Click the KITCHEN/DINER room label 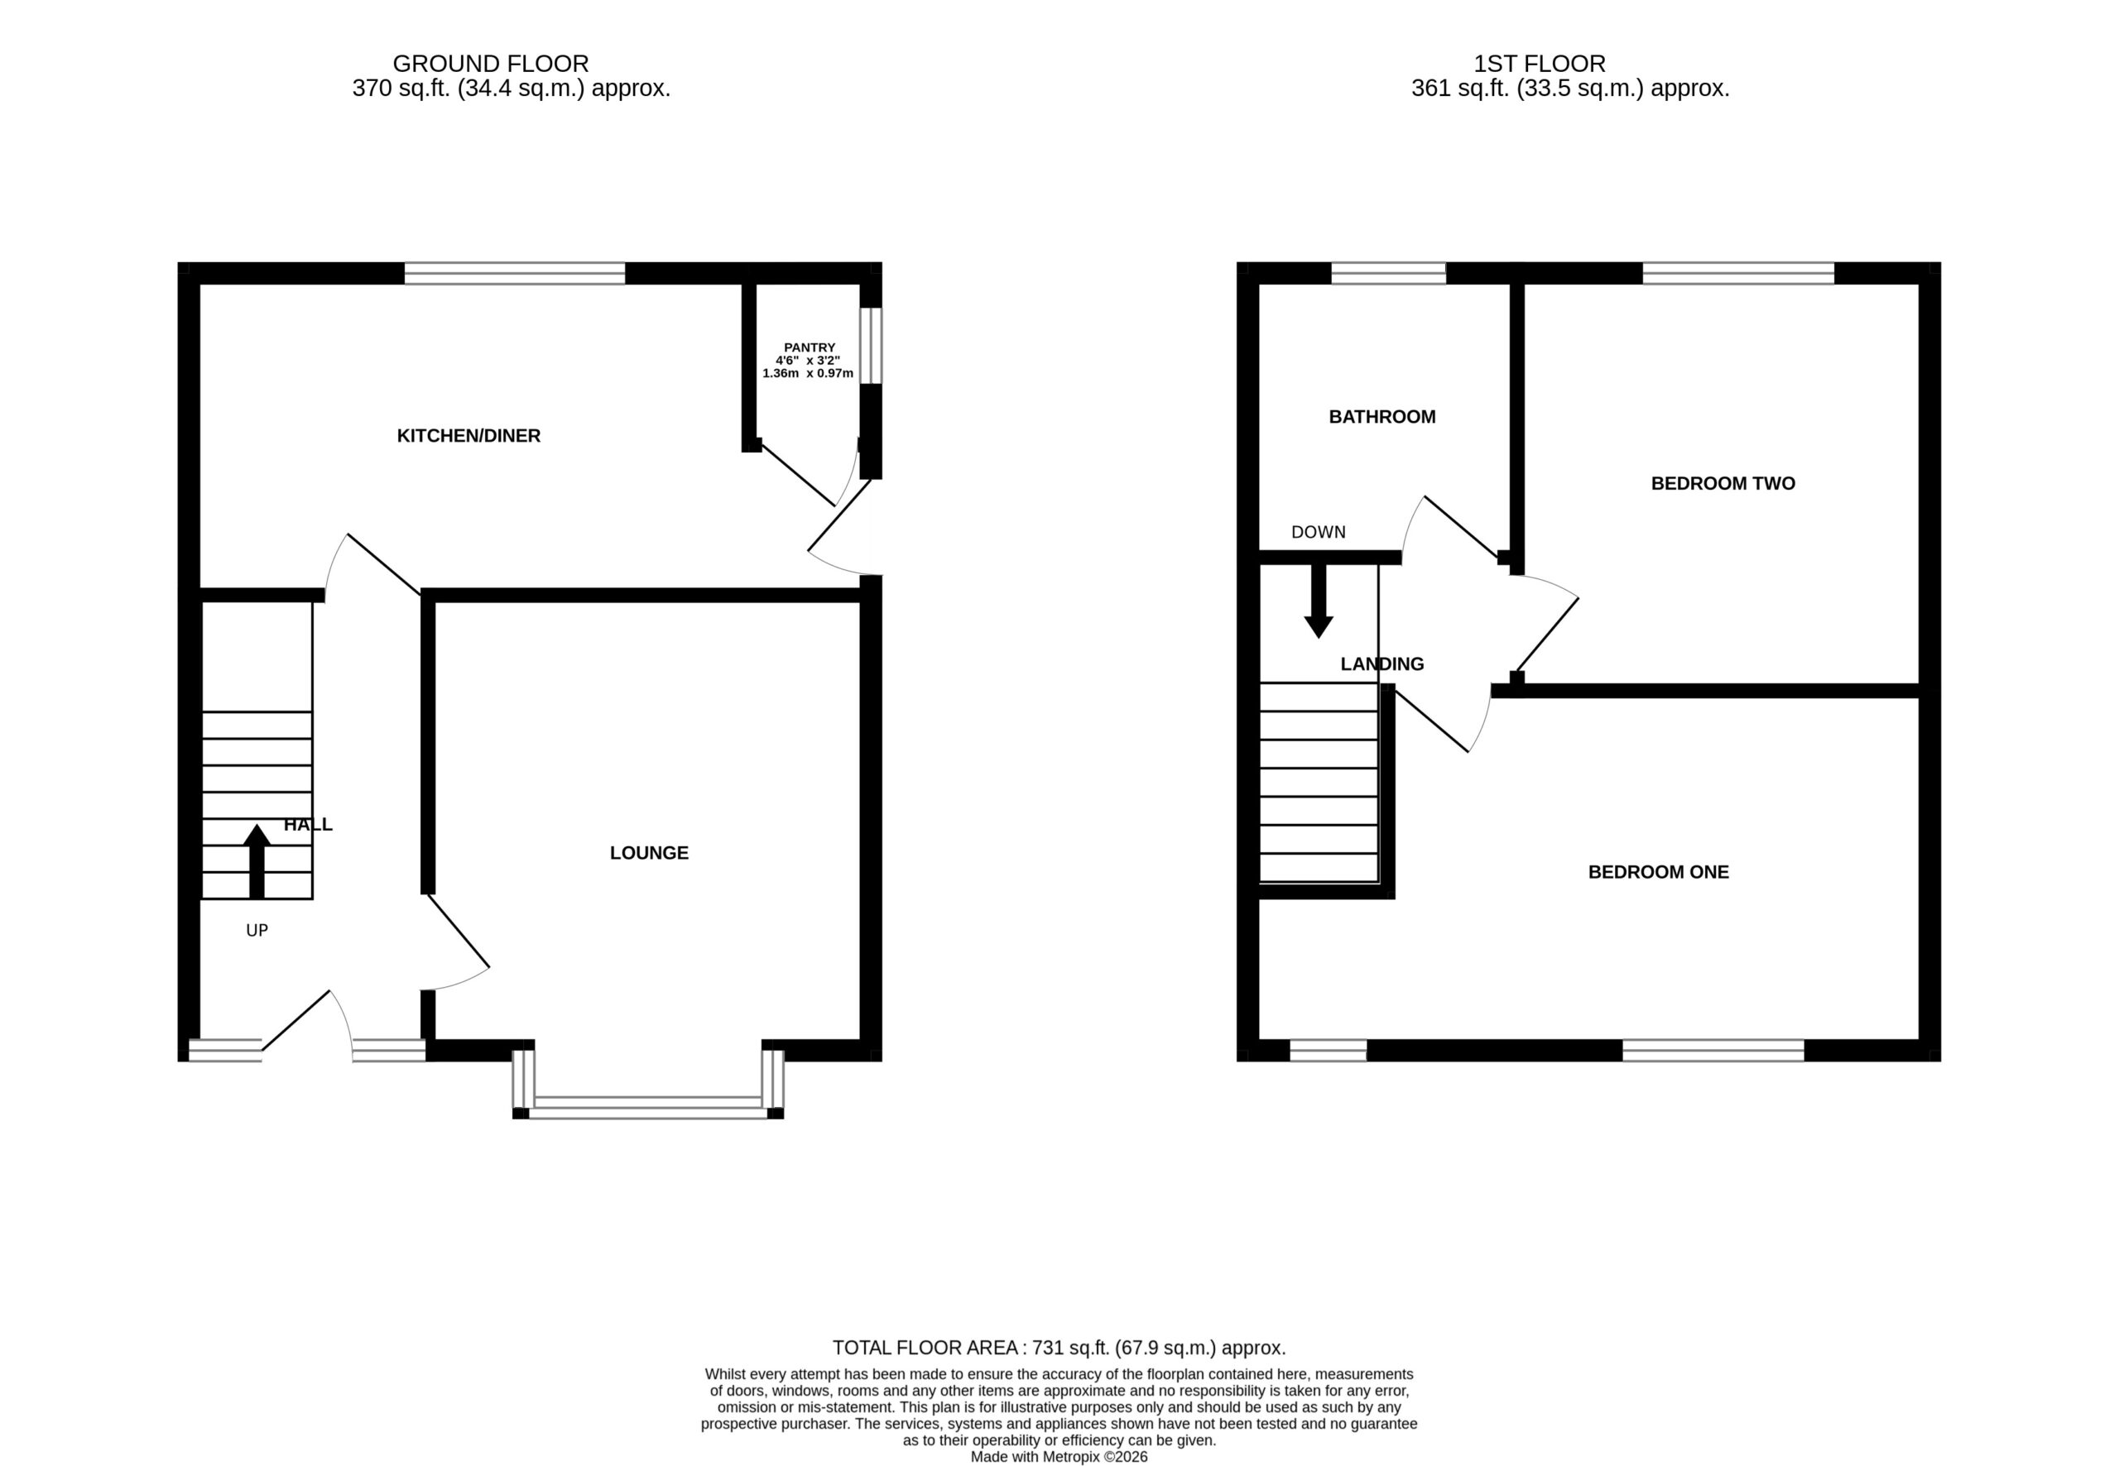(468, 435)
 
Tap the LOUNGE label (649, 852)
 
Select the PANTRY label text (810, 347)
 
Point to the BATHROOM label (1382, 416)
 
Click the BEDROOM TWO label (1723, 483)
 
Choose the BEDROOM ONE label (1659, 872)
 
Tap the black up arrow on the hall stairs (257, 861)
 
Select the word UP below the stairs (257, 931)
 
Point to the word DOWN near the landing (1319, 532)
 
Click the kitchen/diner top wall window (515, 273)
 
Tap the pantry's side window (870, 345)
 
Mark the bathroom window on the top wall (1388, 273)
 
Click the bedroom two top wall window (1738, 273)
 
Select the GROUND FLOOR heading (491, 64)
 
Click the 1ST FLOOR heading (1540, 64)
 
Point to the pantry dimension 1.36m (781, 374)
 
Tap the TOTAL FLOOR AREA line (1059, 1348)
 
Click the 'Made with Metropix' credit (1059, 1457)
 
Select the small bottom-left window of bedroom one (1328, 1050)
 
